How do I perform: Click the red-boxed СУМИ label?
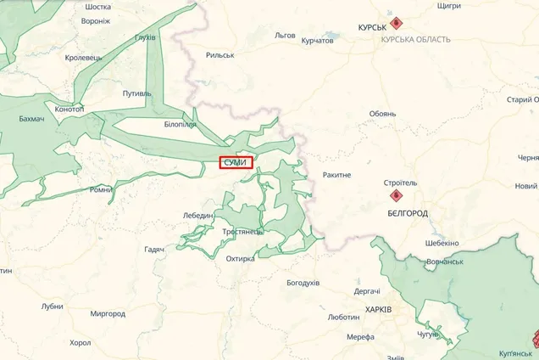[236, 162]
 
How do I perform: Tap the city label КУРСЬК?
[374, 27]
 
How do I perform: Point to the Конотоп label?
[69, 110]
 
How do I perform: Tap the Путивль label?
[136, 93]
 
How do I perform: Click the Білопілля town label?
[181, 125]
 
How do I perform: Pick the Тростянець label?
[242, 231]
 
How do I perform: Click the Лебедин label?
[198, 216]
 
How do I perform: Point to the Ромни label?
[101, 189]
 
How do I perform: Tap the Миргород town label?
[108, 313]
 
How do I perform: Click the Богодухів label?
[303, 282]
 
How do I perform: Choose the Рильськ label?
[220, 55]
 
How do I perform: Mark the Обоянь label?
[382, 114]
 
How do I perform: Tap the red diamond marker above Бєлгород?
[395, 194]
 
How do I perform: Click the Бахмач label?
[31, 119]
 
